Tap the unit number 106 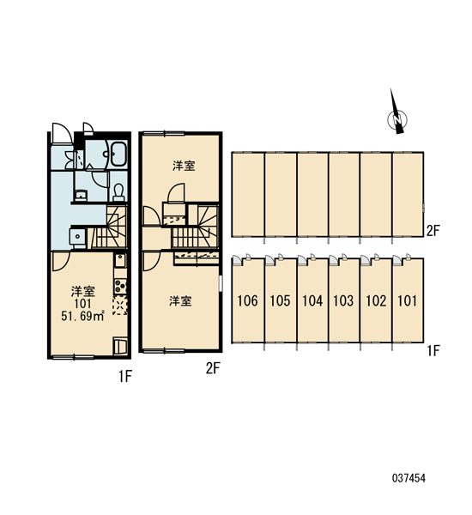click(x=247, y=300)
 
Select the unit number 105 click(x=280, y=300)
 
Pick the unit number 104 click(x=312, y=300)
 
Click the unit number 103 click(x=343, y=300)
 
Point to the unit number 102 click(x=376, y=300)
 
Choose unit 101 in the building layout click(x=408, y=300)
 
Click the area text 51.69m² click(x=82, y=316)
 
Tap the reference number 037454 click(x=408, y=478)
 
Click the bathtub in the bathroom click(x=118, y=154)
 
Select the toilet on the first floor click(x=118, y=192)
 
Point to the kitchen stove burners click(x=120, y=287)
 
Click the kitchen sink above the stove click(x=120, y=261)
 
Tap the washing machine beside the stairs click(x=77, y=237)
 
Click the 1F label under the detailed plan click(x=125, y=376)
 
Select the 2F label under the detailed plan click(x=213, y=368)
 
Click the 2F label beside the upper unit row click(x=433, y=231)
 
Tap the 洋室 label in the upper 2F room click(x=184, y=166)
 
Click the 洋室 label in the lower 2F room click(x=180, y=301)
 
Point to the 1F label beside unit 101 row click(x=433, y=351)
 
